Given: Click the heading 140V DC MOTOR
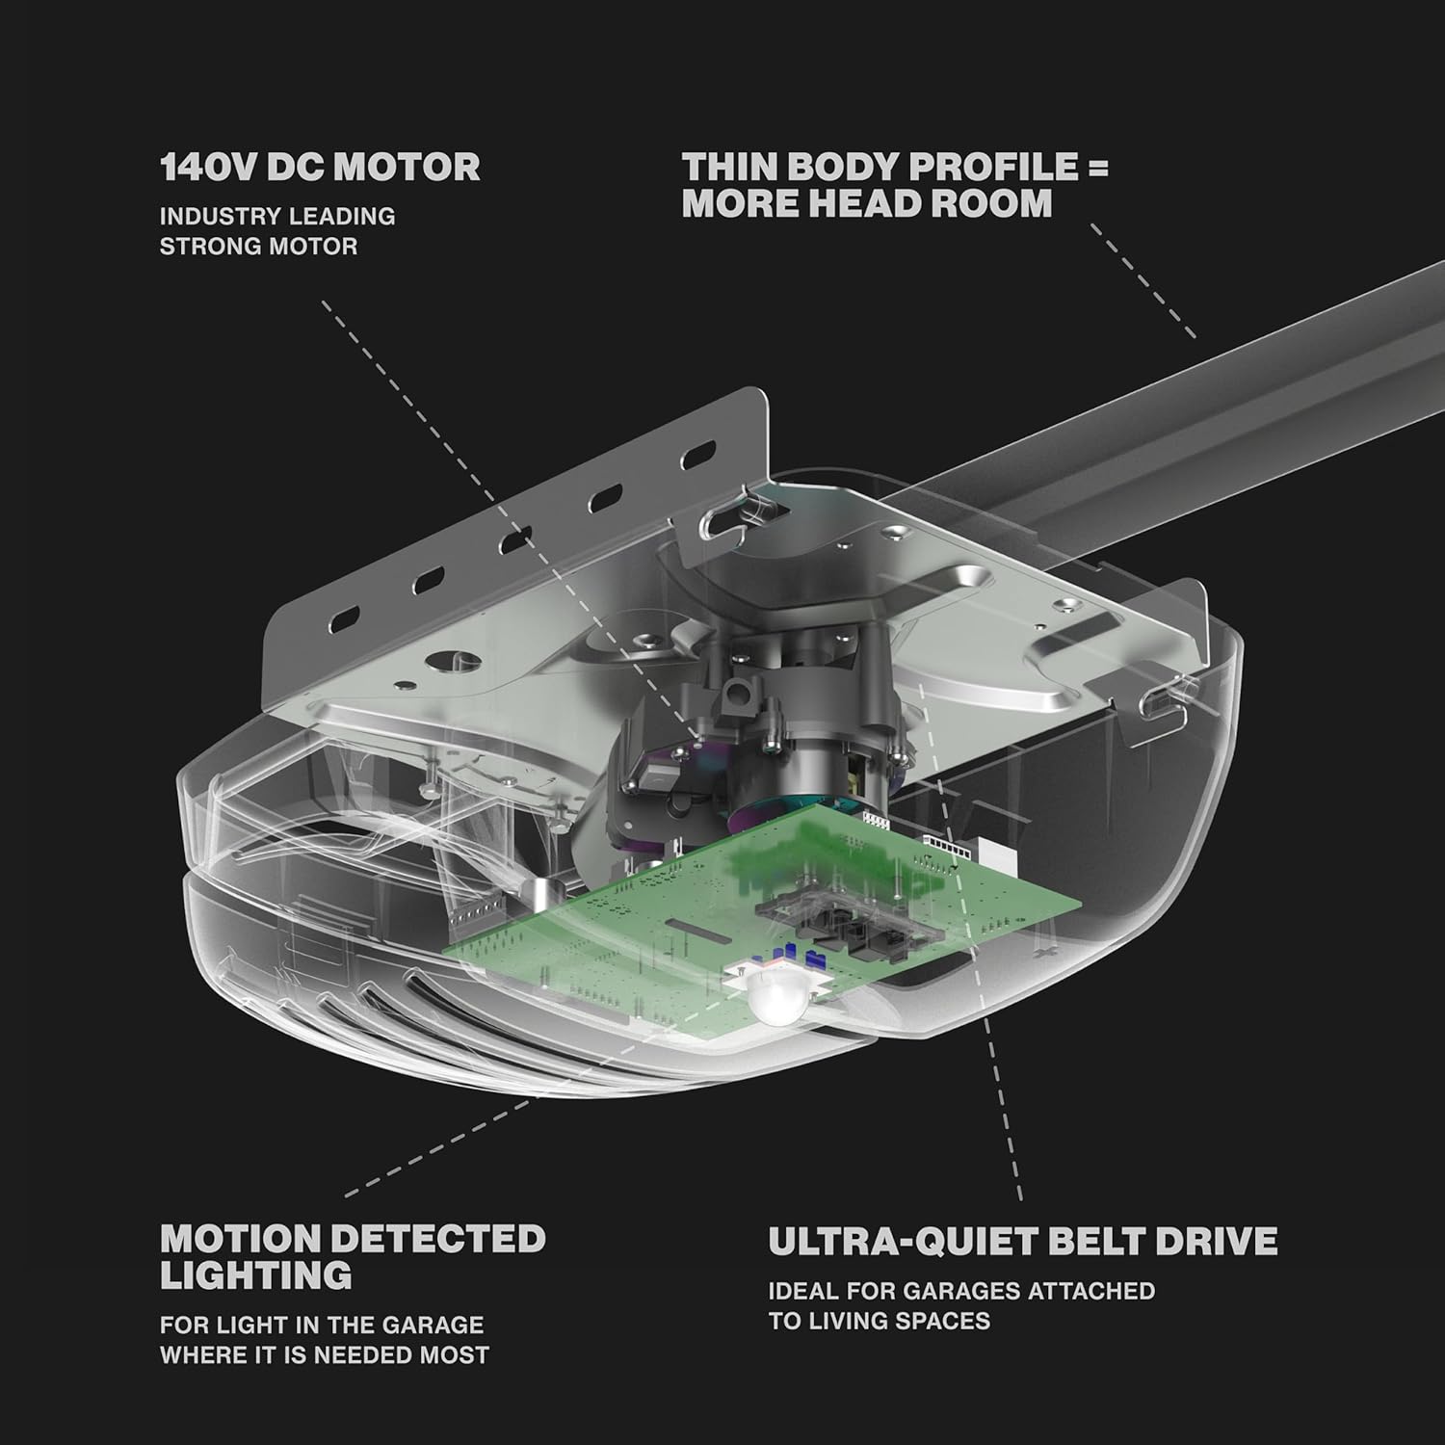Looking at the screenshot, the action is point(320,168).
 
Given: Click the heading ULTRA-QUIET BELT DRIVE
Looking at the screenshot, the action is point(1023,1241).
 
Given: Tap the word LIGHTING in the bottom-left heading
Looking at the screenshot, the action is point(256,1275).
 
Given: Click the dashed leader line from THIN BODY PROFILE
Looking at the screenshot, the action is point(1143,281).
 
